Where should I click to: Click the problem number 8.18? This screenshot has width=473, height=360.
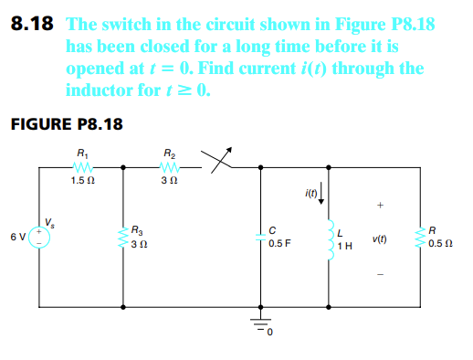click(x=33, y=25)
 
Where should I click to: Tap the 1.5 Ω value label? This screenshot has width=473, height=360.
click(x=83, y=180)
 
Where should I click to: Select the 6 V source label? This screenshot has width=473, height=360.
click(x=17, y=235)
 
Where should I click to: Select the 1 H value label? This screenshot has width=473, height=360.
click(x=343, y=247)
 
